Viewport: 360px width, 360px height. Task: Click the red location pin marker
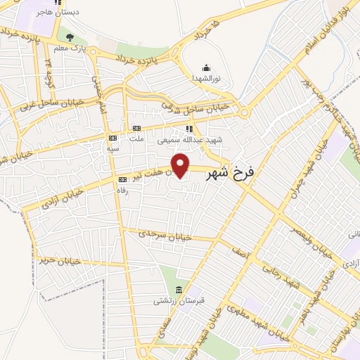(181, 165)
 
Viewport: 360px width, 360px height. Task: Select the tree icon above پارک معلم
(69, 37)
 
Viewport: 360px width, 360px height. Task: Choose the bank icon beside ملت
(136, 128)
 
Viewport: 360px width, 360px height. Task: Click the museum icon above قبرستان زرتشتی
(178, 290)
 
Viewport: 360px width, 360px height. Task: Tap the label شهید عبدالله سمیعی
(189, 140)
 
